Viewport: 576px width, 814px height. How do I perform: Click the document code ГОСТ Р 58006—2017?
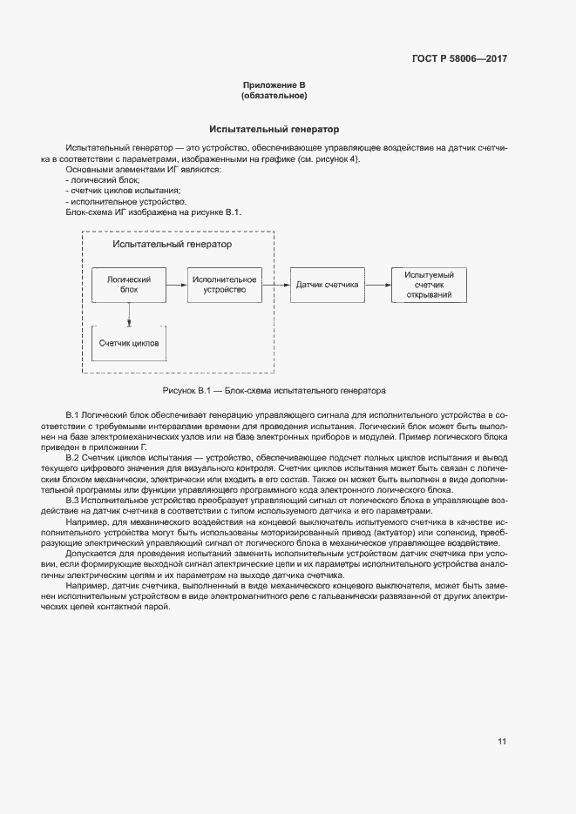[x=458, y=59]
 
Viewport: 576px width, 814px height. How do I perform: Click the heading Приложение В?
[x=274, y=85]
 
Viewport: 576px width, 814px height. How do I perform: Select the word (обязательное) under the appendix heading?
[x=274, y=96]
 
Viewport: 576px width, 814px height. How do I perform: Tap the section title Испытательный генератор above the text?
[x=274, y=129]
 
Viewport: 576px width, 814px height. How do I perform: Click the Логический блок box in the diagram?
[x=129, y=285]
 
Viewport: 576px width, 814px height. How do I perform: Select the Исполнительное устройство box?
[x=224, y=285]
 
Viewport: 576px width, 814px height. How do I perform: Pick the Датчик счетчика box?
[x=327, y=285]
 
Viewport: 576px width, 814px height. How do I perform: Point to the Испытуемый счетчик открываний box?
[x=423, y=285]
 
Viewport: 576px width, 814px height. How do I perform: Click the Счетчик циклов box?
[x=129, y=343]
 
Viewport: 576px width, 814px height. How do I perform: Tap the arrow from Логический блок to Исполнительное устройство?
[x=176, y=285]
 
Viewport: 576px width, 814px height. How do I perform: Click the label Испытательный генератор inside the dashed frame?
[x=178, y=246]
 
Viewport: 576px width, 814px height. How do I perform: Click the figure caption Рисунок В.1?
[x=274, y=391]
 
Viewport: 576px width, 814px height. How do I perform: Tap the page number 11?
[x=502, y=742]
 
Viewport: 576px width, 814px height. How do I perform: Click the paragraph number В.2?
[x=73, y=457]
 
